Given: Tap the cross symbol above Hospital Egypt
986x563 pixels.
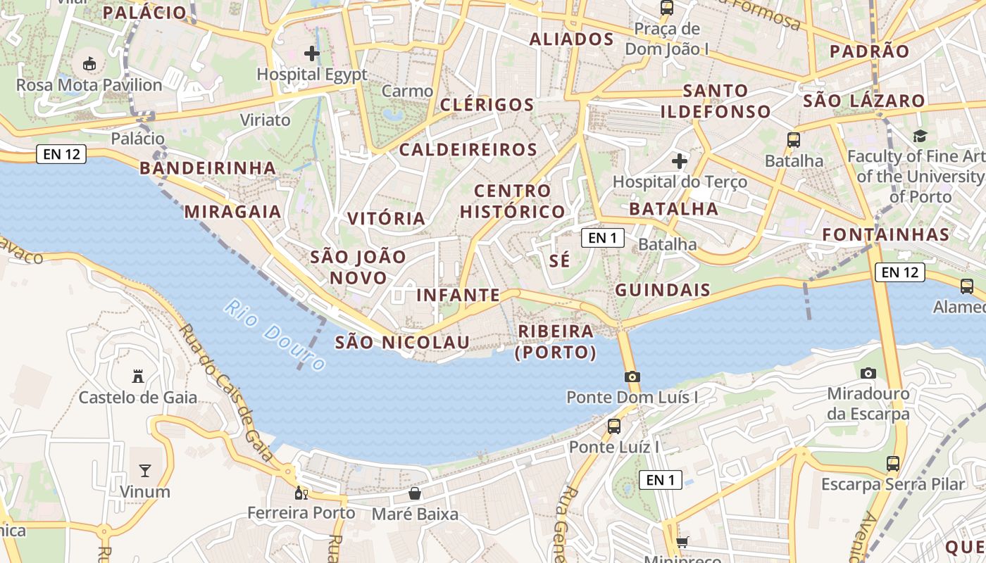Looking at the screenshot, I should point(312,53).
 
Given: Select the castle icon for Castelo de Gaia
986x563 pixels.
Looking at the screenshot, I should point(138,377).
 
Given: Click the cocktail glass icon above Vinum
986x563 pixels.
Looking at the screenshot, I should point(145,470).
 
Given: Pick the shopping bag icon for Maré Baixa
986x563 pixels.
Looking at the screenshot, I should point(415,493).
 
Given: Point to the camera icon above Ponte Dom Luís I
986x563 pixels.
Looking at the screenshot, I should point(632,377).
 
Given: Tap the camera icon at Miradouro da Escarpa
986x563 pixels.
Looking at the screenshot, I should point(868,373).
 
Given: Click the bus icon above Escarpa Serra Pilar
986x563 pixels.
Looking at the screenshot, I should point(893,463).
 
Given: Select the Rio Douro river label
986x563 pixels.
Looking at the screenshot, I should point(275,335).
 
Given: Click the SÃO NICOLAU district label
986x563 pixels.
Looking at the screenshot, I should point(402,342).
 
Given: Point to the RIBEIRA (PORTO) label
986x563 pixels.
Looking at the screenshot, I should point(556,341).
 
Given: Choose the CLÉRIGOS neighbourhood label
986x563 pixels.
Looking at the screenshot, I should point(487,105).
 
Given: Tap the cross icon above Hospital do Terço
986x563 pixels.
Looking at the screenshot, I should point(680,161).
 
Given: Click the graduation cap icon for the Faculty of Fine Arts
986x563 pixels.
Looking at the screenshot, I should point(920,135).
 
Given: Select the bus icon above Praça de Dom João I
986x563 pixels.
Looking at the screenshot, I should point(666,8).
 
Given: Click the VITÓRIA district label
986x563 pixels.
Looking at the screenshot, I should point(387,218).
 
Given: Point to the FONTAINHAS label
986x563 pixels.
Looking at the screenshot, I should point(886,234).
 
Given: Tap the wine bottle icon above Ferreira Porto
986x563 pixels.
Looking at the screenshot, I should point(301,493).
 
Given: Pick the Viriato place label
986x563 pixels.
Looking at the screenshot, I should point(266,120).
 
